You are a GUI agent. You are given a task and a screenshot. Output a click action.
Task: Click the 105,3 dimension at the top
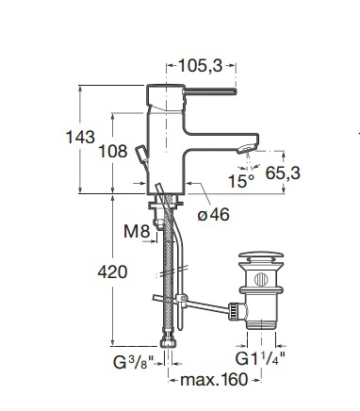tap(201, 66)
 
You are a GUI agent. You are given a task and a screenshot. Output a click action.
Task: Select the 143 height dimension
tap(80, 138)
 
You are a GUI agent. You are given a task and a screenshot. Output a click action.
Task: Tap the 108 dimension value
tap(113, 152)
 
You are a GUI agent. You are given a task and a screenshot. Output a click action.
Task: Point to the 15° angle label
tap(241, 181)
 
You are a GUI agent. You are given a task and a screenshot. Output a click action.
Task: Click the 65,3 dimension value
tap(283, 173)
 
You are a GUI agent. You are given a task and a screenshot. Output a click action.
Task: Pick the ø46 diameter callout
tap(214, 215)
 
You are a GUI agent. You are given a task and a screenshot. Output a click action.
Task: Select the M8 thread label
tap(137, 232)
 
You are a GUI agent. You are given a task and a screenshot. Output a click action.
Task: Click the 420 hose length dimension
tap(112, 272)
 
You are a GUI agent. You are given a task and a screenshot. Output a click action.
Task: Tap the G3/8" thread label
tap(133, 363)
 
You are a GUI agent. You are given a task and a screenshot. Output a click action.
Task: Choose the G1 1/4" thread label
tap(261, 359)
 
